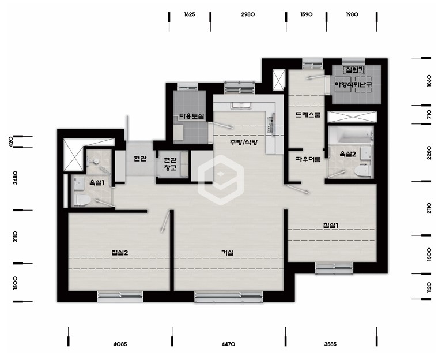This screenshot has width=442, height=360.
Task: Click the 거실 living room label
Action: tap(227, 253)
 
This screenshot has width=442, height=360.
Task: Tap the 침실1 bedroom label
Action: tap(331, 226)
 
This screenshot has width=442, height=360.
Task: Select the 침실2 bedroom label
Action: tap(120, 253)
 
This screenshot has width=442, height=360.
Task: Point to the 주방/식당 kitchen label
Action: tap(244, 142)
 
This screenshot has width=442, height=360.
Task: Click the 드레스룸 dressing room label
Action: tap(308, 115)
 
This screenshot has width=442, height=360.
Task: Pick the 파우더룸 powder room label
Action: tap(308, 159)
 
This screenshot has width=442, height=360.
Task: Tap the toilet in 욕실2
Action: tap(362, 171)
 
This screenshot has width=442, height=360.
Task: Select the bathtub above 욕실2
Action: tap(351, 135)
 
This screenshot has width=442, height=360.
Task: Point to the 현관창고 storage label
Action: tap(170, 164)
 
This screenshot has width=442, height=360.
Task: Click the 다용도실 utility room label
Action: tap(192, 116)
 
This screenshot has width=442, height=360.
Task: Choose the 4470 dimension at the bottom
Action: tap(228, 344)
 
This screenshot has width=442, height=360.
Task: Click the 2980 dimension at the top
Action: tap(248, 14)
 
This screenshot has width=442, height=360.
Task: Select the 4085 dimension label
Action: tap(120, 344)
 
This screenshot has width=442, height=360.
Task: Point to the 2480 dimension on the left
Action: tap(15, 178)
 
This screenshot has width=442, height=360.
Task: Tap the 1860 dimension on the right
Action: tap(429, 81)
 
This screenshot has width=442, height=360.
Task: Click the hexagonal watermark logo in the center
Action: tap(221, 180)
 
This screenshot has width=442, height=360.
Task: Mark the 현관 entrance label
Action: tap(140, 159)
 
